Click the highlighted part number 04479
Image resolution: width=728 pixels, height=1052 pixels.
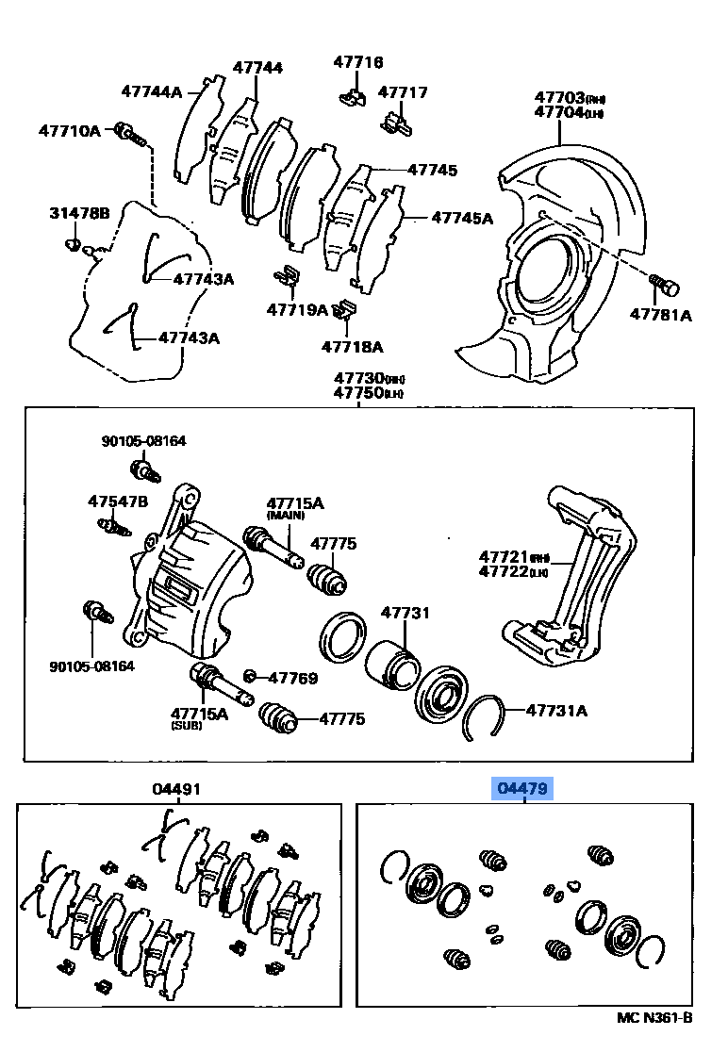point(524,788)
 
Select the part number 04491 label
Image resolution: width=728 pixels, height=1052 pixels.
point(176,789)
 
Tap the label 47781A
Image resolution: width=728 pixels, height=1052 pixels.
point(660,315)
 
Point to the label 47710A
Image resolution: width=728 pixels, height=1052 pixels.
point(69,131)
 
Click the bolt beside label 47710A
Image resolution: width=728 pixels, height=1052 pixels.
point(130,135)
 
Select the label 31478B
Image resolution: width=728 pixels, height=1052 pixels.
point(79,214)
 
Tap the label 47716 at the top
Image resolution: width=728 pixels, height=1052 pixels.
point(357,62)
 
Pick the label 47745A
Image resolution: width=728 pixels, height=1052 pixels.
point(462,218)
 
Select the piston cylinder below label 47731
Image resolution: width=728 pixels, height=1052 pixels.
point(391,666)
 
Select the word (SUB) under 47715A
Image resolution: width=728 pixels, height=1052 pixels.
point(186,727)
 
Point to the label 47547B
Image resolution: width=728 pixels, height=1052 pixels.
point(118,501)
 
